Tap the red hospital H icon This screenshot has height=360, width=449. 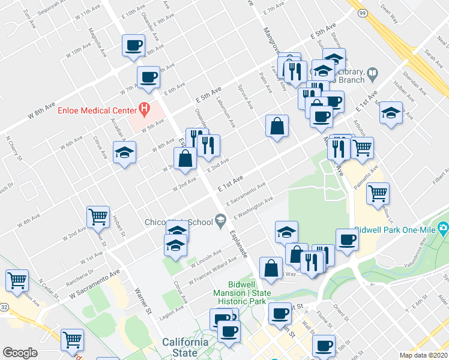(144, 109)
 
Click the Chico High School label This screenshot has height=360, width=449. (178, 222)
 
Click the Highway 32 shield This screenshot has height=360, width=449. (4, 306)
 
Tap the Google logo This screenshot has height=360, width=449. (20, 352)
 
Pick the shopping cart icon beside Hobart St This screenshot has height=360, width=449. (98, 217)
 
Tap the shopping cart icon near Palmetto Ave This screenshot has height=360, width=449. (378, 193)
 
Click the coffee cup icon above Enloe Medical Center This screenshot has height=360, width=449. (148, 76)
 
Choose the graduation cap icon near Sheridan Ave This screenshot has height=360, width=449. (391, 112)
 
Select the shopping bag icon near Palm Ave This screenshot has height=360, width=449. (277, 125)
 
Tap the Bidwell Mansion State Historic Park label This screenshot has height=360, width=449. (249, 293)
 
